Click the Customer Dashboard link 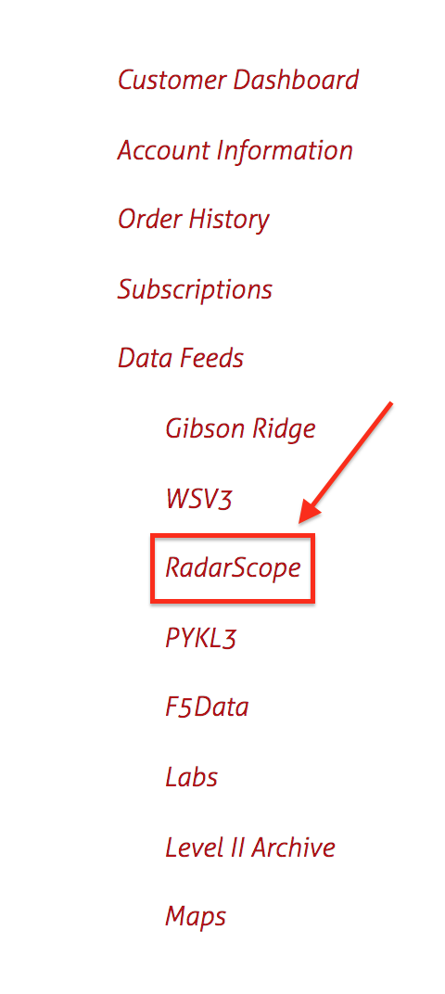(238, 81)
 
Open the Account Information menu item (235, 151)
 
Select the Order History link (194, 221)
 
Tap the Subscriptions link (195, 290)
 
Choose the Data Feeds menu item (181, 359)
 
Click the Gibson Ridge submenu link (240, 429)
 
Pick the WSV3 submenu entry (198, 499)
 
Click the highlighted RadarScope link (232, 568)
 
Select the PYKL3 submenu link (200, 638)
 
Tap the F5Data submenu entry (207, 707)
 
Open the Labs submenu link (191, 777)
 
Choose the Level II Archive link (249, 847)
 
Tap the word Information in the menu (285, 151)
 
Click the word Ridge (283, 429)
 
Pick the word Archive (293, 847)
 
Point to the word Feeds (211, 359)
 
